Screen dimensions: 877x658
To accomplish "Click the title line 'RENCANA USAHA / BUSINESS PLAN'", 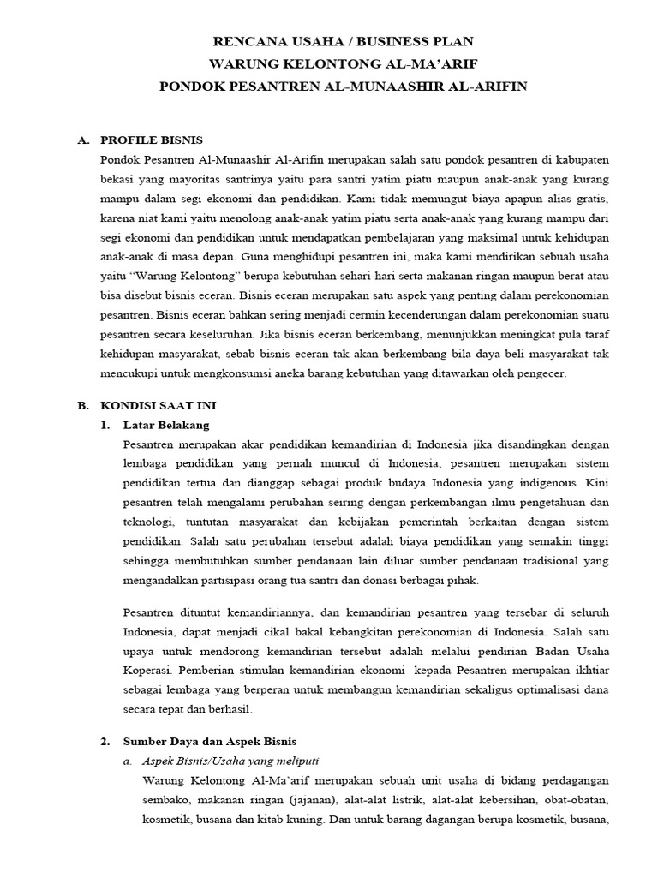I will [x=342, y=41].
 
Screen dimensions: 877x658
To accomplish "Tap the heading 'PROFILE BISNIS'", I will [x=152, y=140].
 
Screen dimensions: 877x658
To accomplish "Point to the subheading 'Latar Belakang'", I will [x=166, y=425].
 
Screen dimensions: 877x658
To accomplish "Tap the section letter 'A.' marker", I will [x=83, y=140].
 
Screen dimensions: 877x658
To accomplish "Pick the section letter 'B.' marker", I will [x=83, y=405].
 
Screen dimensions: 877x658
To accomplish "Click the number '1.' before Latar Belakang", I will [x=105, y=425].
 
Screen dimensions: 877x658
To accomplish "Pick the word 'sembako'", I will [x=165, y=800].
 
